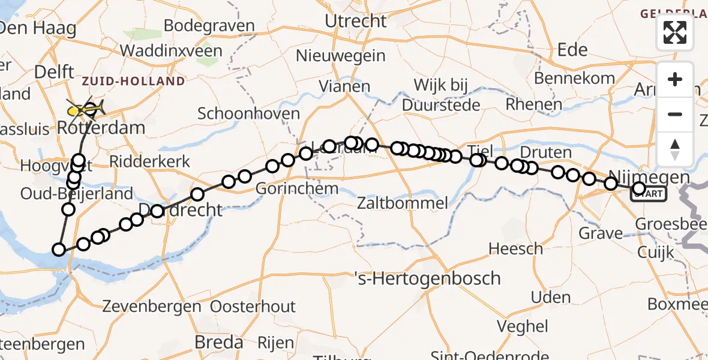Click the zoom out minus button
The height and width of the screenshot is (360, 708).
coord(675,114)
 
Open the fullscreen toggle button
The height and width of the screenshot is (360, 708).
coord(675,32)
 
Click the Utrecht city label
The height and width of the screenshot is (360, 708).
coord(356,21)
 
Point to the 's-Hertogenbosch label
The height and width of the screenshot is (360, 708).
coord(427,278)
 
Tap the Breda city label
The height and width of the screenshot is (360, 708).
coord(219,342)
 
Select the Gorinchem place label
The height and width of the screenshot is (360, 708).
coord(297,188)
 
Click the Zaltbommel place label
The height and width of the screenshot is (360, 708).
coord(403,203)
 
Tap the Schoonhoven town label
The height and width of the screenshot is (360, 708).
coord(248,113)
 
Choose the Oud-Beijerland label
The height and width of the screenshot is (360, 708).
coord(77,194)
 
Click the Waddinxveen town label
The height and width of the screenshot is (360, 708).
coord(171,50)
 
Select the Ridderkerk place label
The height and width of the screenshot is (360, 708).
coord(150,161)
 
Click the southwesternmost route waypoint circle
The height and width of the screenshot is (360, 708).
coord(59,250)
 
